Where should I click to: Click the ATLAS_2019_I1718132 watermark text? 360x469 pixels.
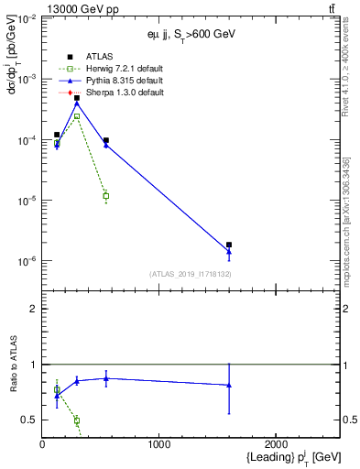pyautogui.click(x=191, y=274)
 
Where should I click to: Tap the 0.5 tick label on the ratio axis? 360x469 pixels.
pyautogui.click(x=28, y=420)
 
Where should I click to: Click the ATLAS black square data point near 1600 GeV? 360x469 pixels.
pyautogui.click(x=229, y=245)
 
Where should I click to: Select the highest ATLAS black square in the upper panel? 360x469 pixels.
pyautogui.click(x=77, y=97)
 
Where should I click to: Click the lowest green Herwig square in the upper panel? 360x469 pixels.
pyautogui.click(x=106, y=196)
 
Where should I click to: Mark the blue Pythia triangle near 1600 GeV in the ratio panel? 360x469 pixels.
pyautogui.click(x=229, y=385)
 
